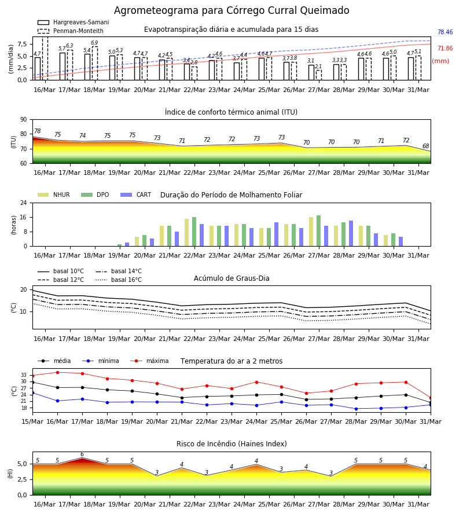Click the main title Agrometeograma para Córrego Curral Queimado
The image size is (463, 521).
(231, 10)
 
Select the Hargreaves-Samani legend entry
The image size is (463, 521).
(73, 22)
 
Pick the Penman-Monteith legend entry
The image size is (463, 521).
(71, 31)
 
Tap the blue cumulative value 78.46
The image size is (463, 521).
(445, 32)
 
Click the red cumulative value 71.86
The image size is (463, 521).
(445, 48)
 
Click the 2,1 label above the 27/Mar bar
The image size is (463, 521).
(318, 67)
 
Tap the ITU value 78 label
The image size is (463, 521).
(38, 131)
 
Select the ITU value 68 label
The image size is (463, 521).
(425, 146)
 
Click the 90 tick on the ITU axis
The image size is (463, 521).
(24, 120)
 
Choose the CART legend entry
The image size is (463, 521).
(136, 195)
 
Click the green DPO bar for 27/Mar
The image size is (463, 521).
(318, 231)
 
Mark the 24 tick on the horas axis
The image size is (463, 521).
(24, 203)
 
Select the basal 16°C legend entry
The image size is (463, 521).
(119, 280)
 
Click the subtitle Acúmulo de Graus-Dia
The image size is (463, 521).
(231, 278)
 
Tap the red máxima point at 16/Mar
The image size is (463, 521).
(57, 372)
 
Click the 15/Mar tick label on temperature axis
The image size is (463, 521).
(32, 421)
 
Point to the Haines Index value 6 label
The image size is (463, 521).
(82, 454)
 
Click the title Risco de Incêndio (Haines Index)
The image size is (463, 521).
(231, 444)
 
